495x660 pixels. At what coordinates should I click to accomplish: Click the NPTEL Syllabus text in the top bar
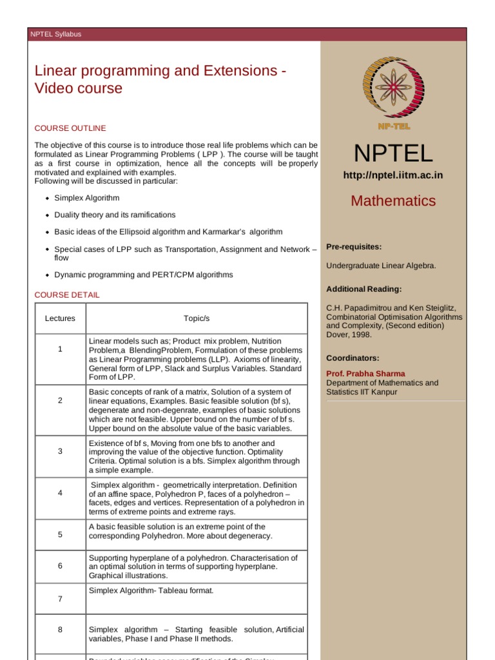[56, 34]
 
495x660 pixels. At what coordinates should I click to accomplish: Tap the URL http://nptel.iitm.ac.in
[393, 175]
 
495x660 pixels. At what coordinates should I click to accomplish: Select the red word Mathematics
[393, 200]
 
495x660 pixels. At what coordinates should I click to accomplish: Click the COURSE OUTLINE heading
[70, 128]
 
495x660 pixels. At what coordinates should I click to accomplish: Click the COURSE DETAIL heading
[67, 295]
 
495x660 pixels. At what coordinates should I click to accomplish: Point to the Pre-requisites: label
[354, 247]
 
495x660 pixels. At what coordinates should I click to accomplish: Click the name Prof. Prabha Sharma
[365, 374]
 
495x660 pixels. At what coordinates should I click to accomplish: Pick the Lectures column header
[60, 318]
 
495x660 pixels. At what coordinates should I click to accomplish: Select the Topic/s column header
[197, 318]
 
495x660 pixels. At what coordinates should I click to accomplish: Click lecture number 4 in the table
[60, 493]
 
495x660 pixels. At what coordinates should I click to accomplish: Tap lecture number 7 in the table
[60, 599]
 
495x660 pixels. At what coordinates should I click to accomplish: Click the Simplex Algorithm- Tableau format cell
[151, 590]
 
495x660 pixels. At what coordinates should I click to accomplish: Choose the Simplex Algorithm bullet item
[87, 198]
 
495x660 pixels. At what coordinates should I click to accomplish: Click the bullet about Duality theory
[115, 215]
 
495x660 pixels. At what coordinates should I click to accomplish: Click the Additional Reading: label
[364, 289]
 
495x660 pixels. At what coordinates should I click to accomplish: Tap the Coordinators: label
[353, 358]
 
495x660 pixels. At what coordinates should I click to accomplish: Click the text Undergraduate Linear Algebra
[381, 266]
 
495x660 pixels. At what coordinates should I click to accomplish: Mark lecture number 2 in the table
[60, 400]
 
